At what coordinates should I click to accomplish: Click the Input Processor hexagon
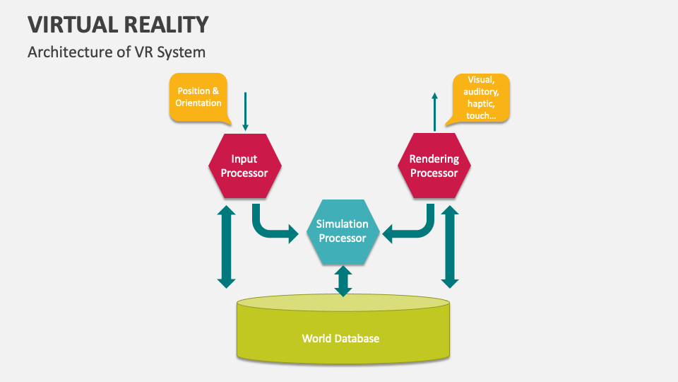244,166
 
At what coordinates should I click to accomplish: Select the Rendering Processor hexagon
434,166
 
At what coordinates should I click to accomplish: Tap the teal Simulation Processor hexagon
343,231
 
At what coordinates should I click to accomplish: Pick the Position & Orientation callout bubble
198,97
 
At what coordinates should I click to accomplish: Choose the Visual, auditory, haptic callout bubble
480,98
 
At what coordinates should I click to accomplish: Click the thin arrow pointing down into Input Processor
245,111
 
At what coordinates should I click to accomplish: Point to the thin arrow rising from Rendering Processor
435,111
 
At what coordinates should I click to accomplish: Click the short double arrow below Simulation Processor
343,281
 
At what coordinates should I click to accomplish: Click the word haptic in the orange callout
481,103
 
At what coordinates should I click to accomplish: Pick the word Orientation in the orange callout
198,103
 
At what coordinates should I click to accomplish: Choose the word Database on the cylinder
356,338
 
